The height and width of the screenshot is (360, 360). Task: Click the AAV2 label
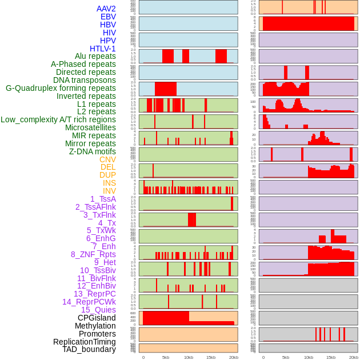coord(106,9)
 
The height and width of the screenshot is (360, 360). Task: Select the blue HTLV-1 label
coord(102,49)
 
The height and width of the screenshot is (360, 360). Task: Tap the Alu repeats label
coord(95,56)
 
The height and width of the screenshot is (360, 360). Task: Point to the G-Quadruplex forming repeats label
coord(61,88)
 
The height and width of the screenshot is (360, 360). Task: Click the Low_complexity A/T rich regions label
coord(58,119)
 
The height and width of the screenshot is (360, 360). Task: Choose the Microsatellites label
coord(90,127)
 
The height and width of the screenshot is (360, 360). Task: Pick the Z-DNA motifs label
coord(92,151)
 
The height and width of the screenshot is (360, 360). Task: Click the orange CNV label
coord(107,159)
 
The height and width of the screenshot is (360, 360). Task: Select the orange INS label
coord(109,183)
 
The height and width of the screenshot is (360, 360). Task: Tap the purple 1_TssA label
coord(103,199)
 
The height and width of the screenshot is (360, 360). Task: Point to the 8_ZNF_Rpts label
coord(93,254)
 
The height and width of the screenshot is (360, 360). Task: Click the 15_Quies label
coord(98,310)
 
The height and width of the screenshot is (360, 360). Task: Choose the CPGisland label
coord(97,318)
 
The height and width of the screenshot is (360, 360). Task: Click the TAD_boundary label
coord(89,349)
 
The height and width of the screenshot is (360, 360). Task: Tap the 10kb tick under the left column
coord(189,357)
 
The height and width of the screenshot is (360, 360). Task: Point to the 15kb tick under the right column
coord(331,357)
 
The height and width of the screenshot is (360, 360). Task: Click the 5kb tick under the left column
coord(166,357)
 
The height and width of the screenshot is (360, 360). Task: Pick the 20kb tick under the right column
coord(354,357)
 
